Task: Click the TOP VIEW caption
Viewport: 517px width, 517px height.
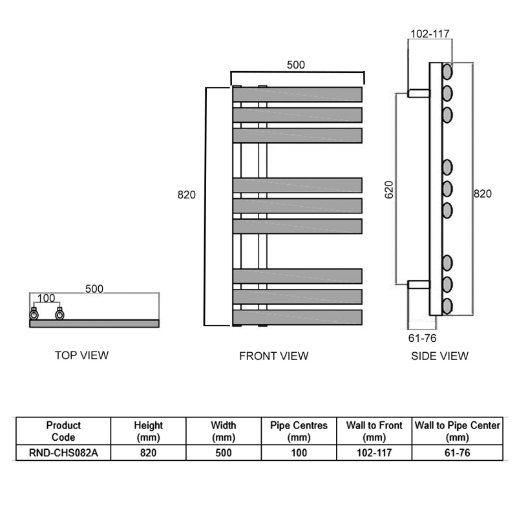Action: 81,355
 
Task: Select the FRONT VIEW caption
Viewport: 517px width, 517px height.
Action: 273,356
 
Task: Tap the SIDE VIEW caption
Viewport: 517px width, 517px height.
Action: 439,356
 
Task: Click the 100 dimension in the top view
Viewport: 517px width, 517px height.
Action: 46,298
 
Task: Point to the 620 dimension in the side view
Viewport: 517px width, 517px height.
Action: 390,189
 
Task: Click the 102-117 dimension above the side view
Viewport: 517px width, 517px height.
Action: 430,34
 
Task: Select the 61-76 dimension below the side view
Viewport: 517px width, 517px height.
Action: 422,338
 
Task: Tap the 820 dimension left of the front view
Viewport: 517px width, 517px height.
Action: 187,195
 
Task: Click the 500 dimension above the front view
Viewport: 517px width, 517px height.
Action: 296,65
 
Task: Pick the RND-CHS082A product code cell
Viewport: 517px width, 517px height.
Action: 63,453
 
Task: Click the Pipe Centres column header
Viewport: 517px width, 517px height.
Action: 299,431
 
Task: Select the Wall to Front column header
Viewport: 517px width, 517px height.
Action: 374,431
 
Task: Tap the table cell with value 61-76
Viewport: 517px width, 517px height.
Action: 458,453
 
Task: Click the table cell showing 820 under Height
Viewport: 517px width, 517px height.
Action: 148,453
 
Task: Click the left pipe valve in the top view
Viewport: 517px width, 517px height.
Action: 34,314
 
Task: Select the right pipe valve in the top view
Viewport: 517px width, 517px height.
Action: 59,314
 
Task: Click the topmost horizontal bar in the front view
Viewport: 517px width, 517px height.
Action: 297,94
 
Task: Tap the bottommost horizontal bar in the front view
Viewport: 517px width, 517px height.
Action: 297,317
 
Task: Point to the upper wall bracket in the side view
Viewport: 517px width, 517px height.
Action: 419,93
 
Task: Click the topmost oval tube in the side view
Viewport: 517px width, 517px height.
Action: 447,72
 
